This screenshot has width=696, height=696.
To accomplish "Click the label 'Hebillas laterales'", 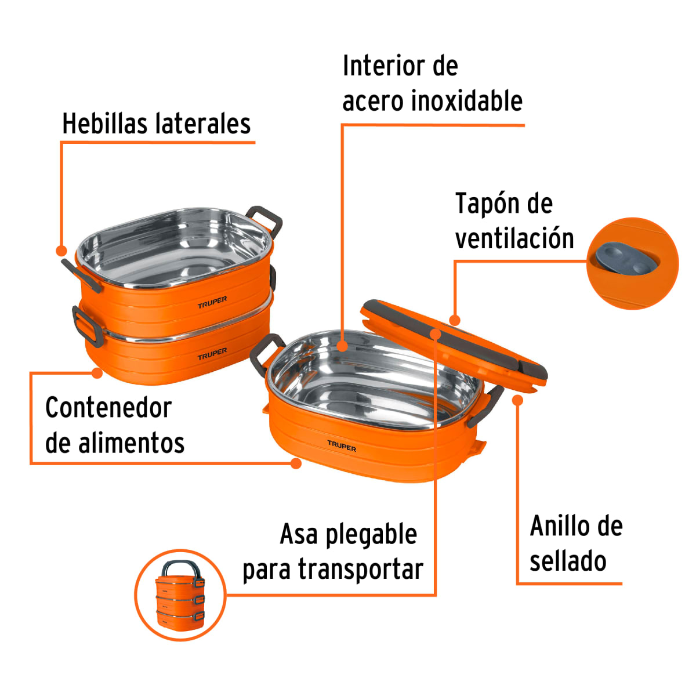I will coord(156,124).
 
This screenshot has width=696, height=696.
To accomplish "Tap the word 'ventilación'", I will coord(514,238).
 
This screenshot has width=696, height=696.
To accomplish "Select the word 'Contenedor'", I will coord(108,408).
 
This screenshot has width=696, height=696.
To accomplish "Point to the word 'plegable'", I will coord(371,535).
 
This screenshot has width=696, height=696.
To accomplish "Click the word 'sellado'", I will coord(568,561).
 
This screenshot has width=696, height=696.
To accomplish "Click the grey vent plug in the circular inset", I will coord(623,260).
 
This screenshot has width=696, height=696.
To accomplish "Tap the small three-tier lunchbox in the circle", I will coord(180,596).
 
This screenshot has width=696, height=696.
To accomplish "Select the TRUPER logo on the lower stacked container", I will coord(212,354).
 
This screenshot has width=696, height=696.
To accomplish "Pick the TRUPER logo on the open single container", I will coord(342,446).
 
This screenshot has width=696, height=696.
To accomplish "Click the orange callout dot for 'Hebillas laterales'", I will coord(61,251).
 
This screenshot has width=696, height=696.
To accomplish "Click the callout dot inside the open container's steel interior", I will coord(342,347).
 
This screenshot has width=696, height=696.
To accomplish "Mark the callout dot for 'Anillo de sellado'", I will coord(518,400).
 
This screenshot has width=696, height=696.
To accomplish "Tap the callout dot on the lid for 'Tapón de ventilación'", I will coord(455,320).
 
